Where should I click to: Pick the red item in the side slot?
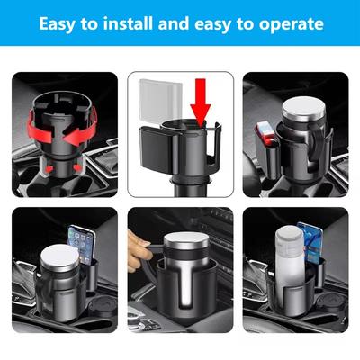click(265, 135)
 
